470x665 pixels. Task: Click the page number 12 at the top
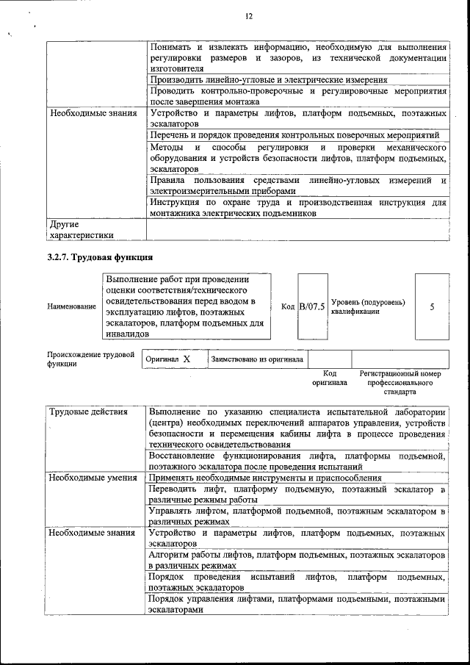248,16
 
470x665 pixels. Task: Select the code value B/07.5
311,306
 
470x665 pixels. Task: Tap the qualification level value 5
432,306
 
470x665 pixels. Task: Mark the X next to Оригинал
187,359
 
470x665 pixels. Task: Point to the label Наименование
71,306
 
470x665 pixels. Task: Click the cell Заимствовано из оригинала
257,359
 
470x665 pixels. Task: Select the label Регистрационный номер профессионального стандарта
400,383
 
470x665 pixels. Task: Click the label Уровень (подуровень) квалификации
367,306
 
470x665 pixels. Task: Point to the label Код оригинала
329,378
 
